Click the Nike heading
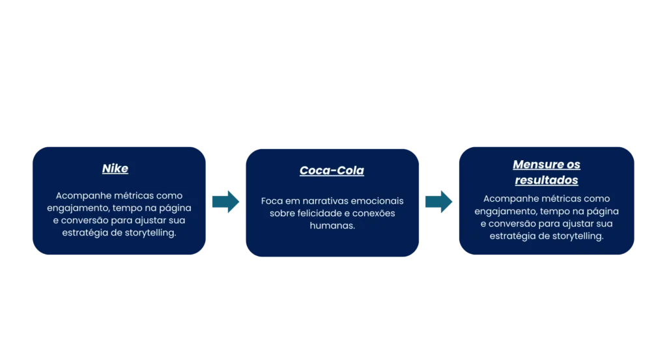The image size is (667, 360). click(x=115, y=169)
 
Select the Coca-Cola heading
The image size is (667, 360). click(x=332, y=171)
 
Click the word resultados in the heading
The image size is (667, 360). click(x=546, y=180)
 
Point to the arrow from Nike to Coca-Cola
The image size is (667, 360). click(x=226, y=201)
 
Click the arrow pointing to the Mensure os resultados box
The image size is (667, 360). click(x=438, y=201)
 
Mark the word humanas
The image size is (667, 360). click(x=332, y=225)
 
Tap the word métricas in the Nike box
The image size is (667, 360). click(x=134, y=195)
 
